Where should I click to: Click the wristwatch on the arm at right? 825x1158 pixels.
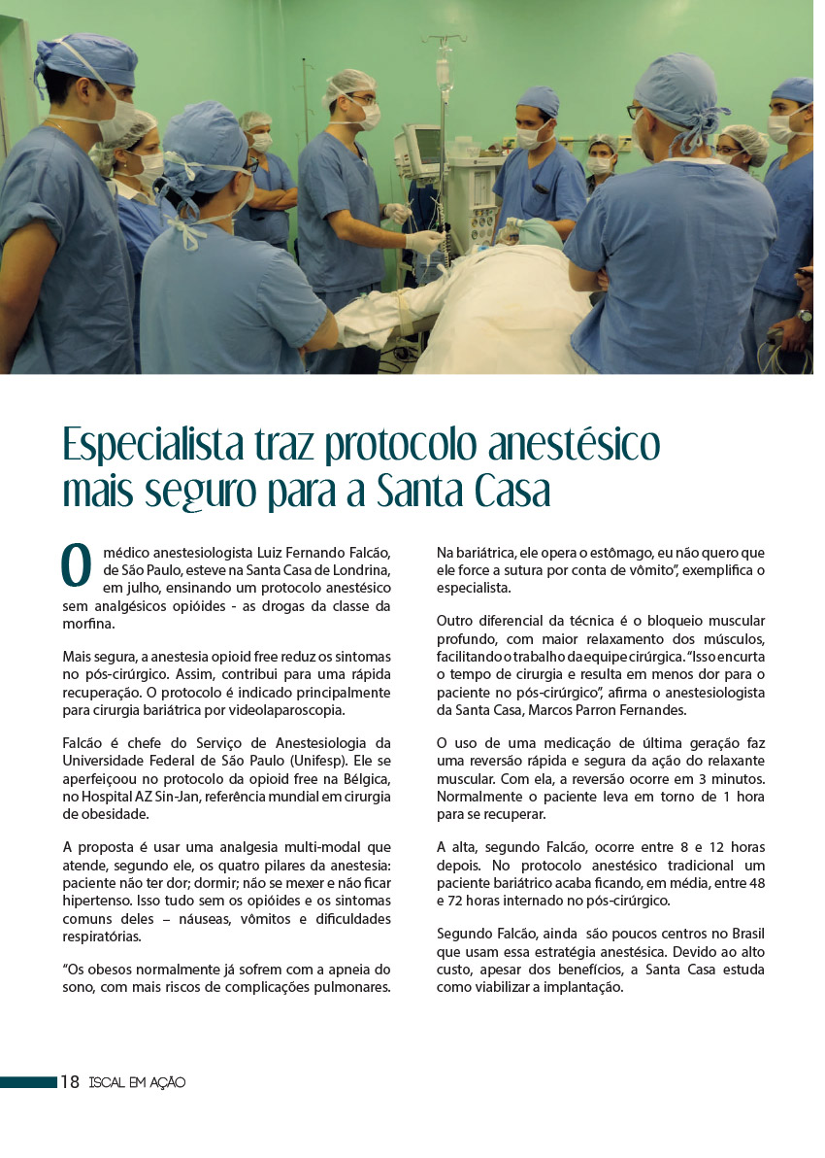[804, 316]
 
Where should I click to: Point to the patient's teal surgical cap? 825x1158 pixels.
[540, 232]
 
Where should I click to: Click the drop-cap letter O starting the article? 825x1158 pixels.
[76, 566]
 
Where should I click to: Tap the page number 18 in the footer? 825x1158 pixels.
[70, 1082]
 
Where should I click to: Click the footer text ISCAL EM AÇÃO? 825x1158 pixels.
[136, 1082]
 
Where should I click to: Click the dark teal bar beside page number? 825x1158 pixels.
[28, 1082]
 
